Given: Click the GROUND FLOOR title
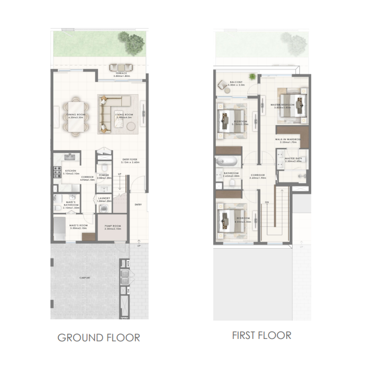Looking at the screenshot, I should [99, 337].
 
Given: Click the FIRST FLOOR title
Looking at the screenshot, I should [262, 335].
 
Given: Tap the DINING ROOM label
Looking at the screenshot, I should [76, 115].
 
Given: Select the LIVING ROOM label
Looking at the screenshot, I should [124, 115].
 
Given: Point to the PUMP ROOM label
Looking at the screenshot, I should [113, 226].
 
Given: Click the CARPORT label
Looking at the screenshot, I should [85, 278].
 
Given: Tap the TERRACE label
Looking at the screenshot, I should [121, 73].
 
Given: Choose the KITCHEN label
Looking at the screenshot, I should [71, 171].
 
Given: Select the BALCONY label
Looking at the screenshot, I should [236, 82].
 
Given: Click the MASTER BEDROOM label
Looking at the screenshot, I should [283, 105].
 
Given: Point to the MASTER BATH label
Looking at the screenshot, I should [293, 159].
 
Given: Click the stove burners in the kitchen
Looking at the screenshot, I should [57, 171].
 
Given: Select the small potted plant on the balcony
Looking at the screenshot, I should [252, 77].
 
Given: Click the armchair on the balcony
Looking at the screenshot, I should [222, 85].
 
